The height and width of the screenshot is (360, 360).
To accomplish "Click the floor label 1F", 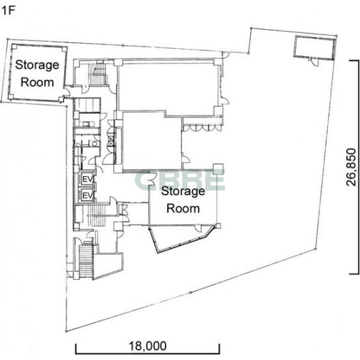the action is pyautogui.click(x=8, y=11).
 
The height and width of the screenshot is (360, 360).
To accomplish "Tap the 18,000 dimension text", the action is pyautogui.click(x=148, y=345).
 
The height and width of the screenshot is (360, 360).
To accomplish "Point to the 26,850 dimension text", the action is pyautogui.click(x=351, y=167).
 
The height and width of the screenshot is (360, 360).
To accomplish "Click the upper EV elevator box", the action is pyautogui.click(x=87, y=179).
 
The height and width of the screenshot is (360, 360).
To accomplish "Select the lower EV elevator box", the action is pyautogui.click(x=87, y=195).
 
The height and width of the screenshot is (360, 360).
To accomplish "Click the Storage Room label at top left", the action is pyautogui.click(x=37, y=73).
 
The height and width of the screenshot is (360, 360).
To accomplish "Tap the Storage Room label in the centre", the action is pyautogui.click(x=183, y=199).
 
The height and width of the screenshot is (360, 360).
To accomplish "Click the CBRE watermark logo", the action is pyautogui.click(x=180, y=180).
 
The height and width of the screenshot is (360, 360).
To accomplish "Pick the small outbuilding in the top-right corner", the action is pyautogui.click(x=315, y=48).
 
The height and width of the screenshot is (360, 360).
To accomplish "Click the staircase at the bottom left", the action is pyautogui.click(x=86, y=261).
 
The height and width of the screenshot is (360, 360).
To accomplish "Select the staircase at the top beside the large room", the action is pyautogui.click(x=97, y=73).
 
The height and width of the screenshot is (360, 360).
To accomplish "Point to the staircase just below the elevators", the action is pyautogui.click(x=97, y=216).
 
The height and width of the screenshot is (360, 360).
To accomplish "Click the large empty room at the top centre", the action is pyautogui.click(x=168, y=86).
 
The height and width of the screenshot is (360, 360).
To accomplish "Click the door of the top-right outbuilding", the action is pyautogui.click(x=314, y=62).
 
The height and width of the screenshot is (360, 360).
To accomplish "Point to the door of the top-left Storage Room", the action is pyautogui.click(x=67, y=91).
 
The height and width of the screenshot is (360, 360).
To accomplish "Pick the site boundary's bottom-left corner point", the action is pyautogui.click(x=66, y=332).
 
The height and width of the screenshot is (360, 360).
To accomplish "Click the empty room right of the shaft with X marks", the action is pyautogui.click(x=152, y=141).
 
